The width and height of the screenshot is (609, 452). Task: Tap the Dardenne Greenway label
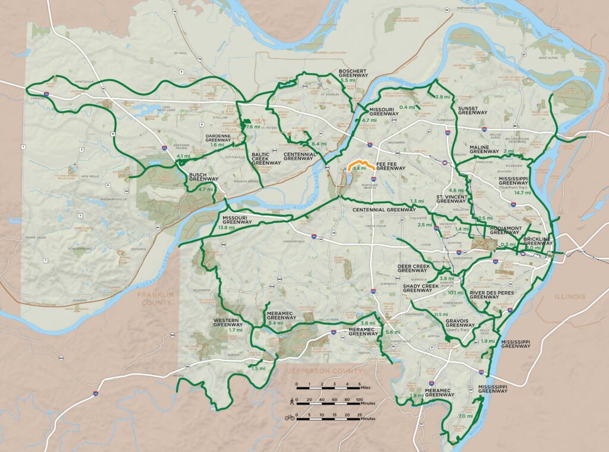tap(217, 137)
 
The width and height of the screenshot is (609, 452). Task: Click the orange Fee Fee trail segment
tap(361, 163)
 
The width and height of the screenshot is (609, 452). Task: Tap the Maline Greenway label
tap(484, 149)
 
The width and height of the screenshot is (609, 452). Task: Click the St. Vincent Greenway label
tap(451, 198)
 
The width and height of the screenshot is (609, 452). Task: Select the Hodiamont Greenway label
tap(506, 230)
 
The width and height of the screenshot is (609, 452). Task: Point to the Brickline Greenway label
tap(538, 241)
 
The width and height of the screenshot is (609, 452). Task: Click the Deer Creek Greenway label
tap(413, 268)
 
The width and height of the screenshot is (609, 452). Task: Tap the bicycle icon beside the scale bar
tap(290, 418)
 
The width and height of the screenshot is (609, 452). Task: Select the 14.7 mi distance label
tap(523, 192)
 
